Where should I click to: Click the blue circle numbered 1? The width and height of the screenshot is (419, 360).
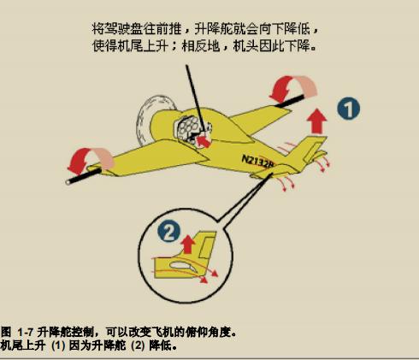pyautogui.click(x=348, y=109)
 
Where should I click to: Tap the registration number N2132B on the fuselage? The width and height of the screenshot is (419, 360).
pyautogui.click(x=258, y=162)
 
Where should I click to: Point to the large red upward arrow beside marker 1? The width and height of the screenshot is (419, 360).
pyautogui.click(x=317, y=121)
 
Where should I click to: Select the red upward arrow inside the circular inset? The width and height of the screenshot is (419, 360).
pyautogui.click(x=188, y=245)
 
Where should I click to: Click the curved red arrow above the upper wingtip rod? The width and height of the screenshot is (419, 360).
pyautogui.click(x=293, y=87)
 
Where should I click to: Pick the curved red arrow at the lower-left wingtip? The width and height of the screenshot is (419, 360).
pyautogui.click(x=90, y=160)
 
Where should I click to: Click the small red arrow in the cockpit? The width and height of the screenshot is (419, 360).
pyautogui.click(x=204, y=140)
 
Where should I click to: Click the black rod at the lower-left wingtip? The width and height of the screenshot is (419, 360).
pyautogui.click(x=84, y=176)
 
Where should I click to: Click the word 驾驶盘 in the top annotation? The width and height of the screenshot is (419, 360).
pyautogui.click(x=123, y=29)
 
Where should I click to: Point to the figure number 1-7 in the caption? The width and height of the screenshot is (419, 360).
pyautogui.click(x=26, y=333)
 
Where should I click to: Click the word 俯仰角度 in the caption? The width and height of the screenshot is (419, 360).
pyautogui.click(x=208, y=332)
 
